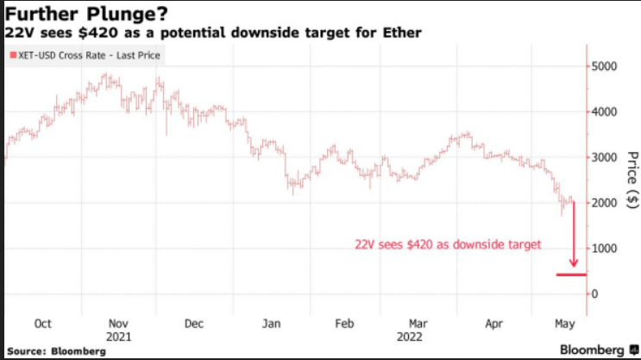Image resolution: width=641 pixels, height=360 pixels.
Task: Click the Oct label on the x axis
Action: [x=42, y=324]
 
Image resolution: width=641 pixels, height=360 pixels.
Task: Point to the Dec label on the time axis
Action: [x=193, y=324]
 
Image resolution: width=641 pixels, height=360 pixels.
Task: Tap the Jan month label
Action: [x=270, y=324]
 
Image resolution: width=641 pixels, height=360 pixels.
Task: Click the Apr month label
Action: [x=494, y=324]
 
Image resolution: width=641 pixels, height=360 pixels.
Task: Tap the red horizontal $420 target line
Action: [x=571, y=275]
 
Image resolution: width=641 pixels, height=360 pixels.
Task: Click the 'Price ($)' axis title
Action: [x=632, y=179]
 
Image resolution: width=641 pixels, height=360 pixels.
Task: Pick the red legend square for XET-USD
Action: [x=11, y=56]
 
